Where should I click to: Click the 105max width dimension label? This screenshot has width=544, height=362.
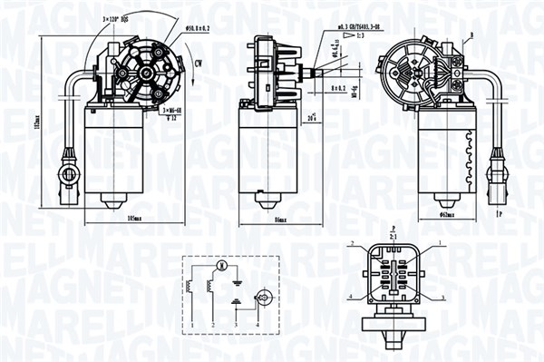[x=139, y=219]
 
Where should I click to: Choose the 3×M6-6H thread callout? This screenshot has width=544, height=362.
[x=171, y=110]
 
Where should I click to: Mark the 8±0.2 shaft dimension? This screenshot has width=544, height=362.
[x=338, y=88]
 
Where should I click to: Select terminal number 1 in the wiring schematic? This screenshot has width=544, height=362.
[x=192, y=324]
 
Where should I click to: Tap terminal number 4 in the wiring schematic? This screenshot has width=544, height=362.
[x=257, y=324]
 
